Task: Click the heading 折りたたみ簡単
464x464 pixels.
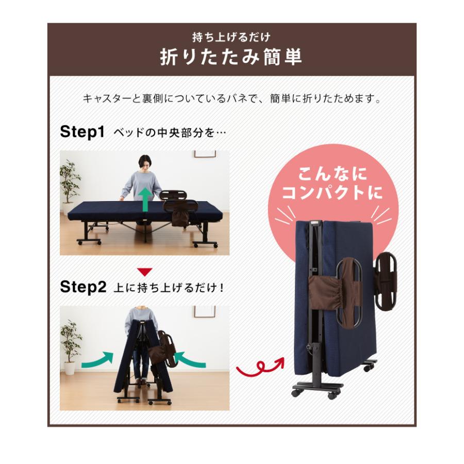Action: click(x=231, y=57)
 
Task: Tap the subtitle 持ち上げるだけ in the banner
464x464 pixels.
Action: click(x=231, y=37)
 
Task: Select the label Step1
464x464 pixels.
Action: click(x=82, y=131)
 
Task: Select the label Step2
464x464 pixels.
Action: click(x=82, y=287)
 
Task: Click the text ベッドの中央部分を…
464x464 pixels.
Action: click(x=170, y=132)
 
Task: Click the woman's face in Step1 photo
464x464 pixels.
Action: click(x=144, y=164)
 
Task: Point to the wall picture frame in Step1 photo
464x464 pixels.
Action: click(x=204, y=154)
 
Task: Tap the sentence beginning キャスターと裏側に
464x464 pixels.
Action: click(x=231, y=98)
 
